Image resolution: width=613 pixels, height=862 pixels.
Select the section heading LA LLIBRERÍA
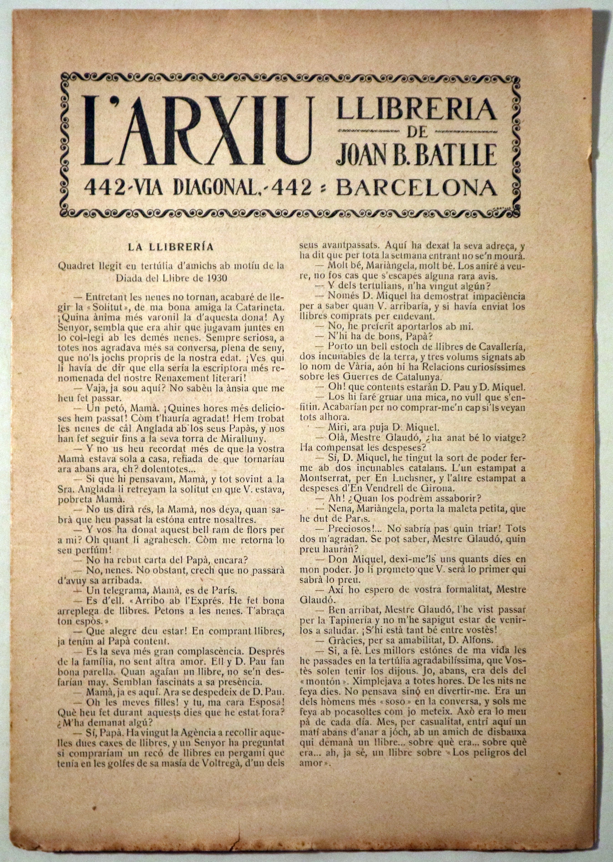[x=171, y=248]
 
